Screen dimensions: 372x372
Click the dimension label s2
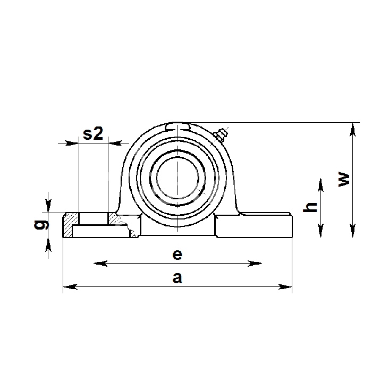coord(93,133)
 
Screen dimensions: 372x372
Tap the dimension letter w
coord(344,180)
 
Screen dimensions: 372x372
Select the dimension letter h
coord(310,207)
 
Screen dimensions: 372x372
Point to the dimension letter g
coord(41,225)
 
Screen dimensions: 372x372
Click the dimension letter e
coord(177,255)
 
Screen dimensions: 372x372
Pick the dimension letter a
coord(177,278)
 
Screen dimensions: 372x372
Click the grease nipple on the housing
coord(221,134)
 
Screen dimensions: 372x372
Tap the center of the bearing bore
coord(177,177)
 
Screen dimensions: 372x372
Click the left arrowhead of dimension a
coord(70,286)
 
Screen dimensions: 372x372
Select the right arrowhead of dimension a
coord(285,286)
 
